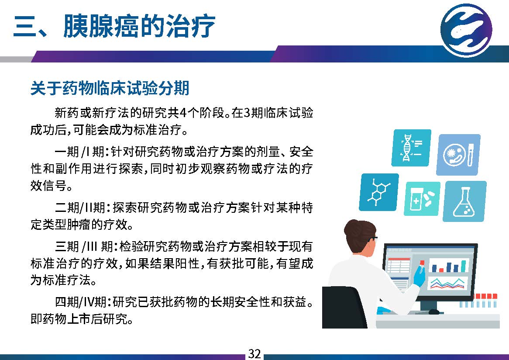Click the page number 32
254,353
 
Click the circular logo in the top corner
467,30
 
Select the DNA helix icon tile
411,148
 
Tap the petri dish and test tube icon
458,154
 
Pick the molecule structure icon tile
379,192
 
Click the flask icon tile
464,201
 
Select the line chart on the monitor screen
448,283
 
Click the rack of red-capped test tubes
478,300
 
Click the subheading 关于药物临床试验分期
110,88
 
